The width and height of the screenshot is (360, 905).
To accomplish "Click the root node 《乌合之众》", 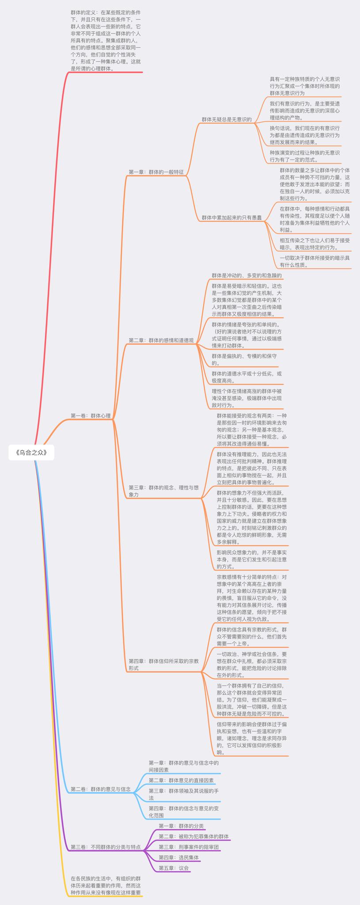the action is coord(31,452).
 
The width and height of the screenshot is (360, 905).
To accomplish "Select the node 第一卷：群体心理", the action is coord(91,416).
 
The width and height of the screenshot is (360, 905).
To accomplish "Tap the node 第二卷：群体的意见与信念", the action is coord(101,789).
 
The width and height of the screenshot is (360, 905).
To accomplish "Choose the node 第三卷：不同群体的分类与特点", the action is coord(106,847).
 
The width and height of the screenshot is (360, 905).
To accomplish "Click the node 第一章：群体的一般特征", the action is coord(156,172).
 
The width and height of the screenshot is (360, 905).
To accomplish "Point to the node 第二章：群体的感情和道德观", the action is coord(161,340).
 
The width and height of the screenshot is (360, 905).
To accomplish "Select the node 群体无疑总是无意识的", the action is coord(227,119).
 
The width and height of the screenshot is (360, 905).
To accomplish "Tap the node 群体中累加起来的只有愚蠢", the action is coord(231,217).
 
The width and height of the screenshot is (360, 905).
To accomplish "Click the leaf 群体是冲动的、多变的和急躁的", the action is coord(246,275).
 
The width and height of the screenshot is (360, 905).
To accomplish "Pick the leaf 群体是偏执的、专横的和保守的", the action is coord(244,359).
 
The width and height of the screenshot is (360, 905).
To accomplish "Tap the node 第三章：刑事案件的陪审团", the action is coord(189,847).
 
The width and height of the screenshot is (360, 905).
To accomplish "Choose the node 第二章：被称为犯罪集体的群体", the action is coord(193,837).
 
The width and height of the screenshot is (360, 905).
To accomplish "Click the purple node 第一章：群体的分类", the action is coord(181,825).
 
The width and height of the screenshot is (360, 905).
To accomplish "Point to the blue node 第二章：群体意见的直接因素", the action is coord(181,780).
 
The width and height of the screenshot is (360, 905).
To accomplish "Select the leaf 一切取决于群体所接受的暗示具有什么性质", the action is coord(315,262).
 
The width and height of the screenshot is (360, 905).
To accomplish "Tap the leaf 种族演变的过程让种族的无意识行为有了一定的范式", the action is coord(305,156).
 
